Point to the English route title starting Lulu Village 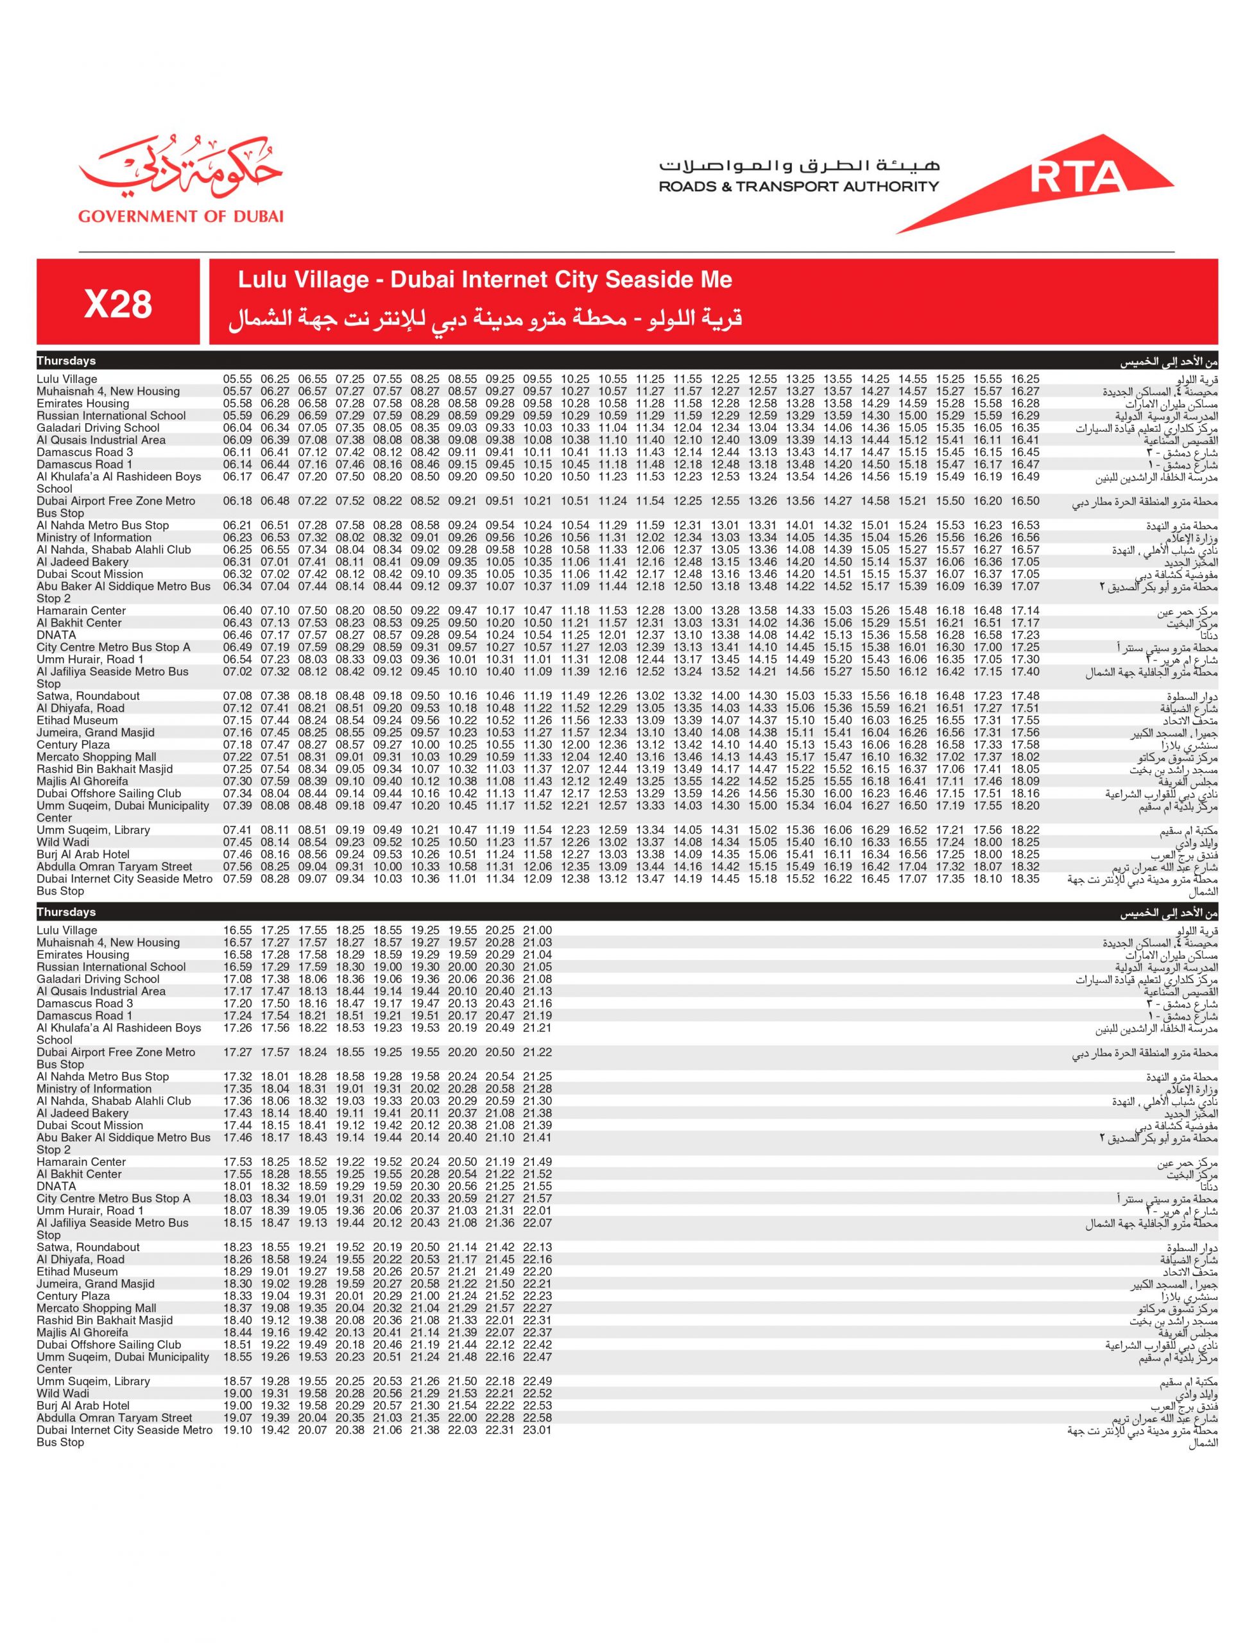[485, 280]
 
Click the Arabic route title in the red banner [485, 320]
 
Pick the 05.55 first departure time [237, 379]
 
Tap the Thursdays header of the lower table [67, 912]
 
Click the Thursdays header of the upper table [67, 361]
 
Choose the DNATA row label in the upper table [56, 635]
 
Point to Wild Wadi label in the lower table [63, 1394]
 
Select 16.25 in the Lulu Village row [1025, 379]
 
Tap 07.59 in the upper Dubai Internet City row [237, 879]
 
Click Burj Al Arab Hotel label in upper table [83, 855]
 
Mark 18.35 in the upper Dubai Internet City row [1025, 879]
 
